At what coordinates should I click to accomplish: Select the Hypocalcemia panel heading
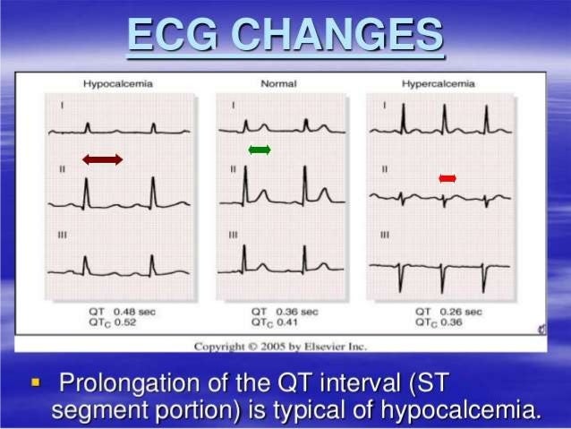pos(118,83)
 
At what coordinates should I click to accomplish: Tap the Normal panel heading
pos(278,83)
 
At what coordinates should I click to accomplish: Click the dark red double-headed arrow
pos(102,159)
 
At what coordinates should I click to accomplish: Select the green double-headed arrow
pos(259,149)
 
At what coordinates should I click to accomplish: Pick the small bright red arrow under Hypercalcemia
pos(447,179)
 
